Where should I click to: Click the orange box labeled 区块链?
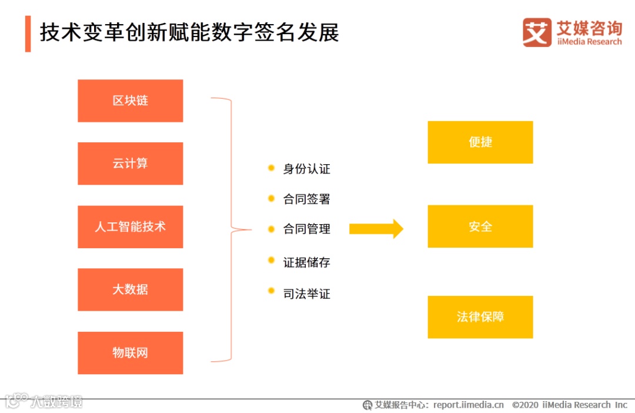click(130, 101)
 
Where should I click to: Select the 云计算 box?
click(130, 164)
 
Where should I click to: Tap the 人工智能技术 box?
click(130, 227)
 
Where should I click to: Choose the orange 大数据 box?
click(130, 289)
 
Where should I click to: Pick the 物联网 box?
click(130, 353)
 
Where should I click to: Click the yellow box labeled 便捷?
click(480, 142)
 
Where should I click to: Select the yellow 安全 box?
click(480, 227)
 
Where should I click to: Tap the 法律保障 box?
click(480, 317)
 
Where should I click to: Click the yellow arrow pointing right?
click(376, 228)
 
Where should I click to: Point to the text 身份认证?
click(306, 169)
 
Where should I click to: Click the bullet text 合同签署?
click(306, 199)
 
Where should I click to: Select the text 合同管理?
click(306, 229)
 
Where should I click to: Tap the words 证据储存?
click(306, 262)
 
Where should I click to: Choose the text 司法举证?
click(306, 294)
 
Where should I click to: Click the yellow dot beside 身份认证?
click(271, 168)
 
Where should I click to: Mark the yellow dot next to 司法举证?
click(271, 291)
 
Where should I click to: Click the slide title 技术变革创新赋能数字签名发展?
click(189, 32)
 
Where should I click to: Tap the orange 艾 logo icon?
click(537, 32)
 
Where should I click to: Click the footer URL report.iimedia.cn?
click(469, 405)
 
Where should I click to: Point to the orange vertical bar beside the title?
click(28, 34)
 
